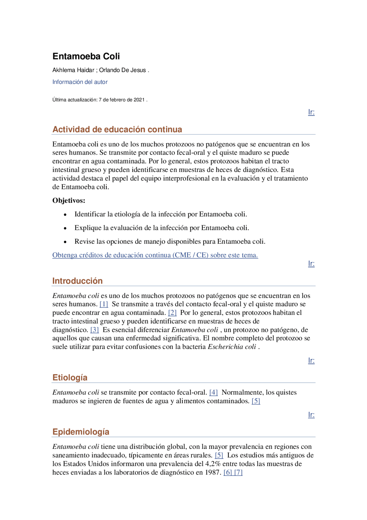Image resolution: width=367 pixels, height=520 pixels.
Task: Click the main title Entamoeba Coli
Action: (86, 56)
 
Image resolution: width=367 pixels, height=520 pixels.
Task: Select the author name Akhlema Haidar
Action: (73, 70)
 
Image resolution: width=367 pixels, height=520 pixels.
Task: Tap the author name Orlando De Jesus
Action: (122, 70)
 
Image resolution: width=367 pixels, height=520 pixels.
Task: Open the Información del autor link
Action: (80, 82)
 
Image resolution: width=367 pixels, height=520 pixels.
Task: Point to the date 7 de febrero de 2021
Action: (122, 100)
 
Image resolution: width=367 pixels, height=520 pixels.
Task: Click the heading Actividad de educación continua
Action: (117, 129)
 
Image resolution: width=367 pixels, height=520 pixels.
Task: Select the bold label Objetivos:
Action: (69, 200)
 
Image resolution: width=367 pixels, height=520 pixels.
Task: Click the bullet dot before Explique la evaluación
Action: (65, 228)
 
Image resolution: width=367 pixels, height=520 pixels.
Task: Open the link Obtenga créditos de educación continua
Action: (155, 255)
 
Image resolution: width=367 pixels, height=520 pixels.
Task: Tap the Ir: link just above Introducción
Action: (311, 264)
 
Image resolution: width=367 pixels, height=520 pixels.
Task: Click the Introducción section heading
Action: (77, 281)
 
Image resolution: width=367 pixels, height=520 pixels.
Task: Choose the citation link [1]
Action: (104, 304)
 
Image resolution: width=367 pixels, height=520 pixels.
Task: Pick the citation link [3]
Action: (95, 330)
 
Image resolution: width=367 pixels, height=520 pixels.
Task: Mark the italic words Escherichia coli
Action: (232, 347)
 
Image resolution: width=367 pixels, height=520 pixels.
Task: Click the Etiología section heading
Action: (70, 378)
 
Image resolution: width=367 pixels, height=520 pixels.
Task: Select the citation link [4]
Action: (214, 393)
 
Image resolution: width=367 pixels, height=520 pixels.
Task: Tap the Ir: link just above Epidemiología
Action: (311, 415)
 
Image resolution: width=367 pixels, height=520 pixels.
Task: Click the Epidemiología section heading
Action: (81, 432)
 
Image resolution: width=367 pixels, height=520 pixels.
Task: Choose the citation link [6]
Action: (228, 472)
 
